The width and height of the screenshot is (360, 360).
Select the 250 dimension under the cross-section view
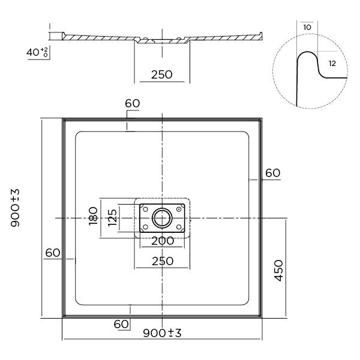pyautogui.click(x=161, y=74)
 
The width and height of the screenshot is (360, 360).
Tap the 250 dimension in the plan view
pyautogui.click(x=162, y=261)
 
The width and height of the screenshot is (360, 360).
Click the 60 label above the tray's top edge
pyautogui.click(x=133, y=103)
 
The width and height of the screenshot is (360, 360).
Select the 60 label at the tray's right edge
pyautogui.click(x=272, y=173)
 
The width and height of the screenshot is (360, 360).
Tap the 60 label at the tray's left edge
pyautogui.click(x=53, y=253)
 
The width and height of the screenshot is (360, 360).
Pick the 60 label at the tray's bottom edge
pyautogui.click(x=122, y=324)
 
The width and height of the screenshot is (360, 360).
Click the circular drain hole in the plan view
pyautogui.click(x=162, y=218)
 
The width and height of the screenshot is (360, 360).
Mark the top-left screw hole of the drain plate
pyautogui.click(x=145, y=208)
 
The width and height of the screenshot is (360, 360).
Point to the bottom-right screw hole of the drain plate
pyautogui.click(x=179, y=227)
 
